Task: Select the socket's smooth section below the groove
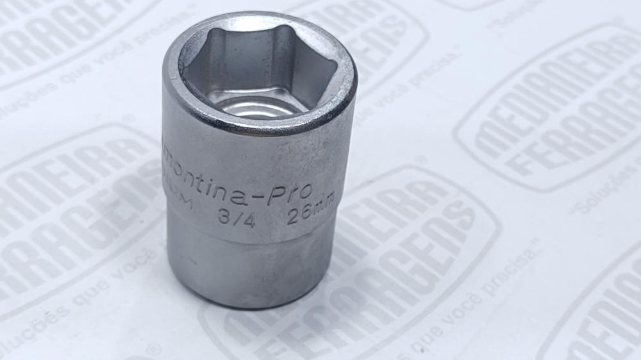pos(253,269)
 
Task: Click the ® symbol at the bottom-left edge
pos(153,349)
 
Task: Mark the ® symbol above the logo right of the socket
pos(420,160)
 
